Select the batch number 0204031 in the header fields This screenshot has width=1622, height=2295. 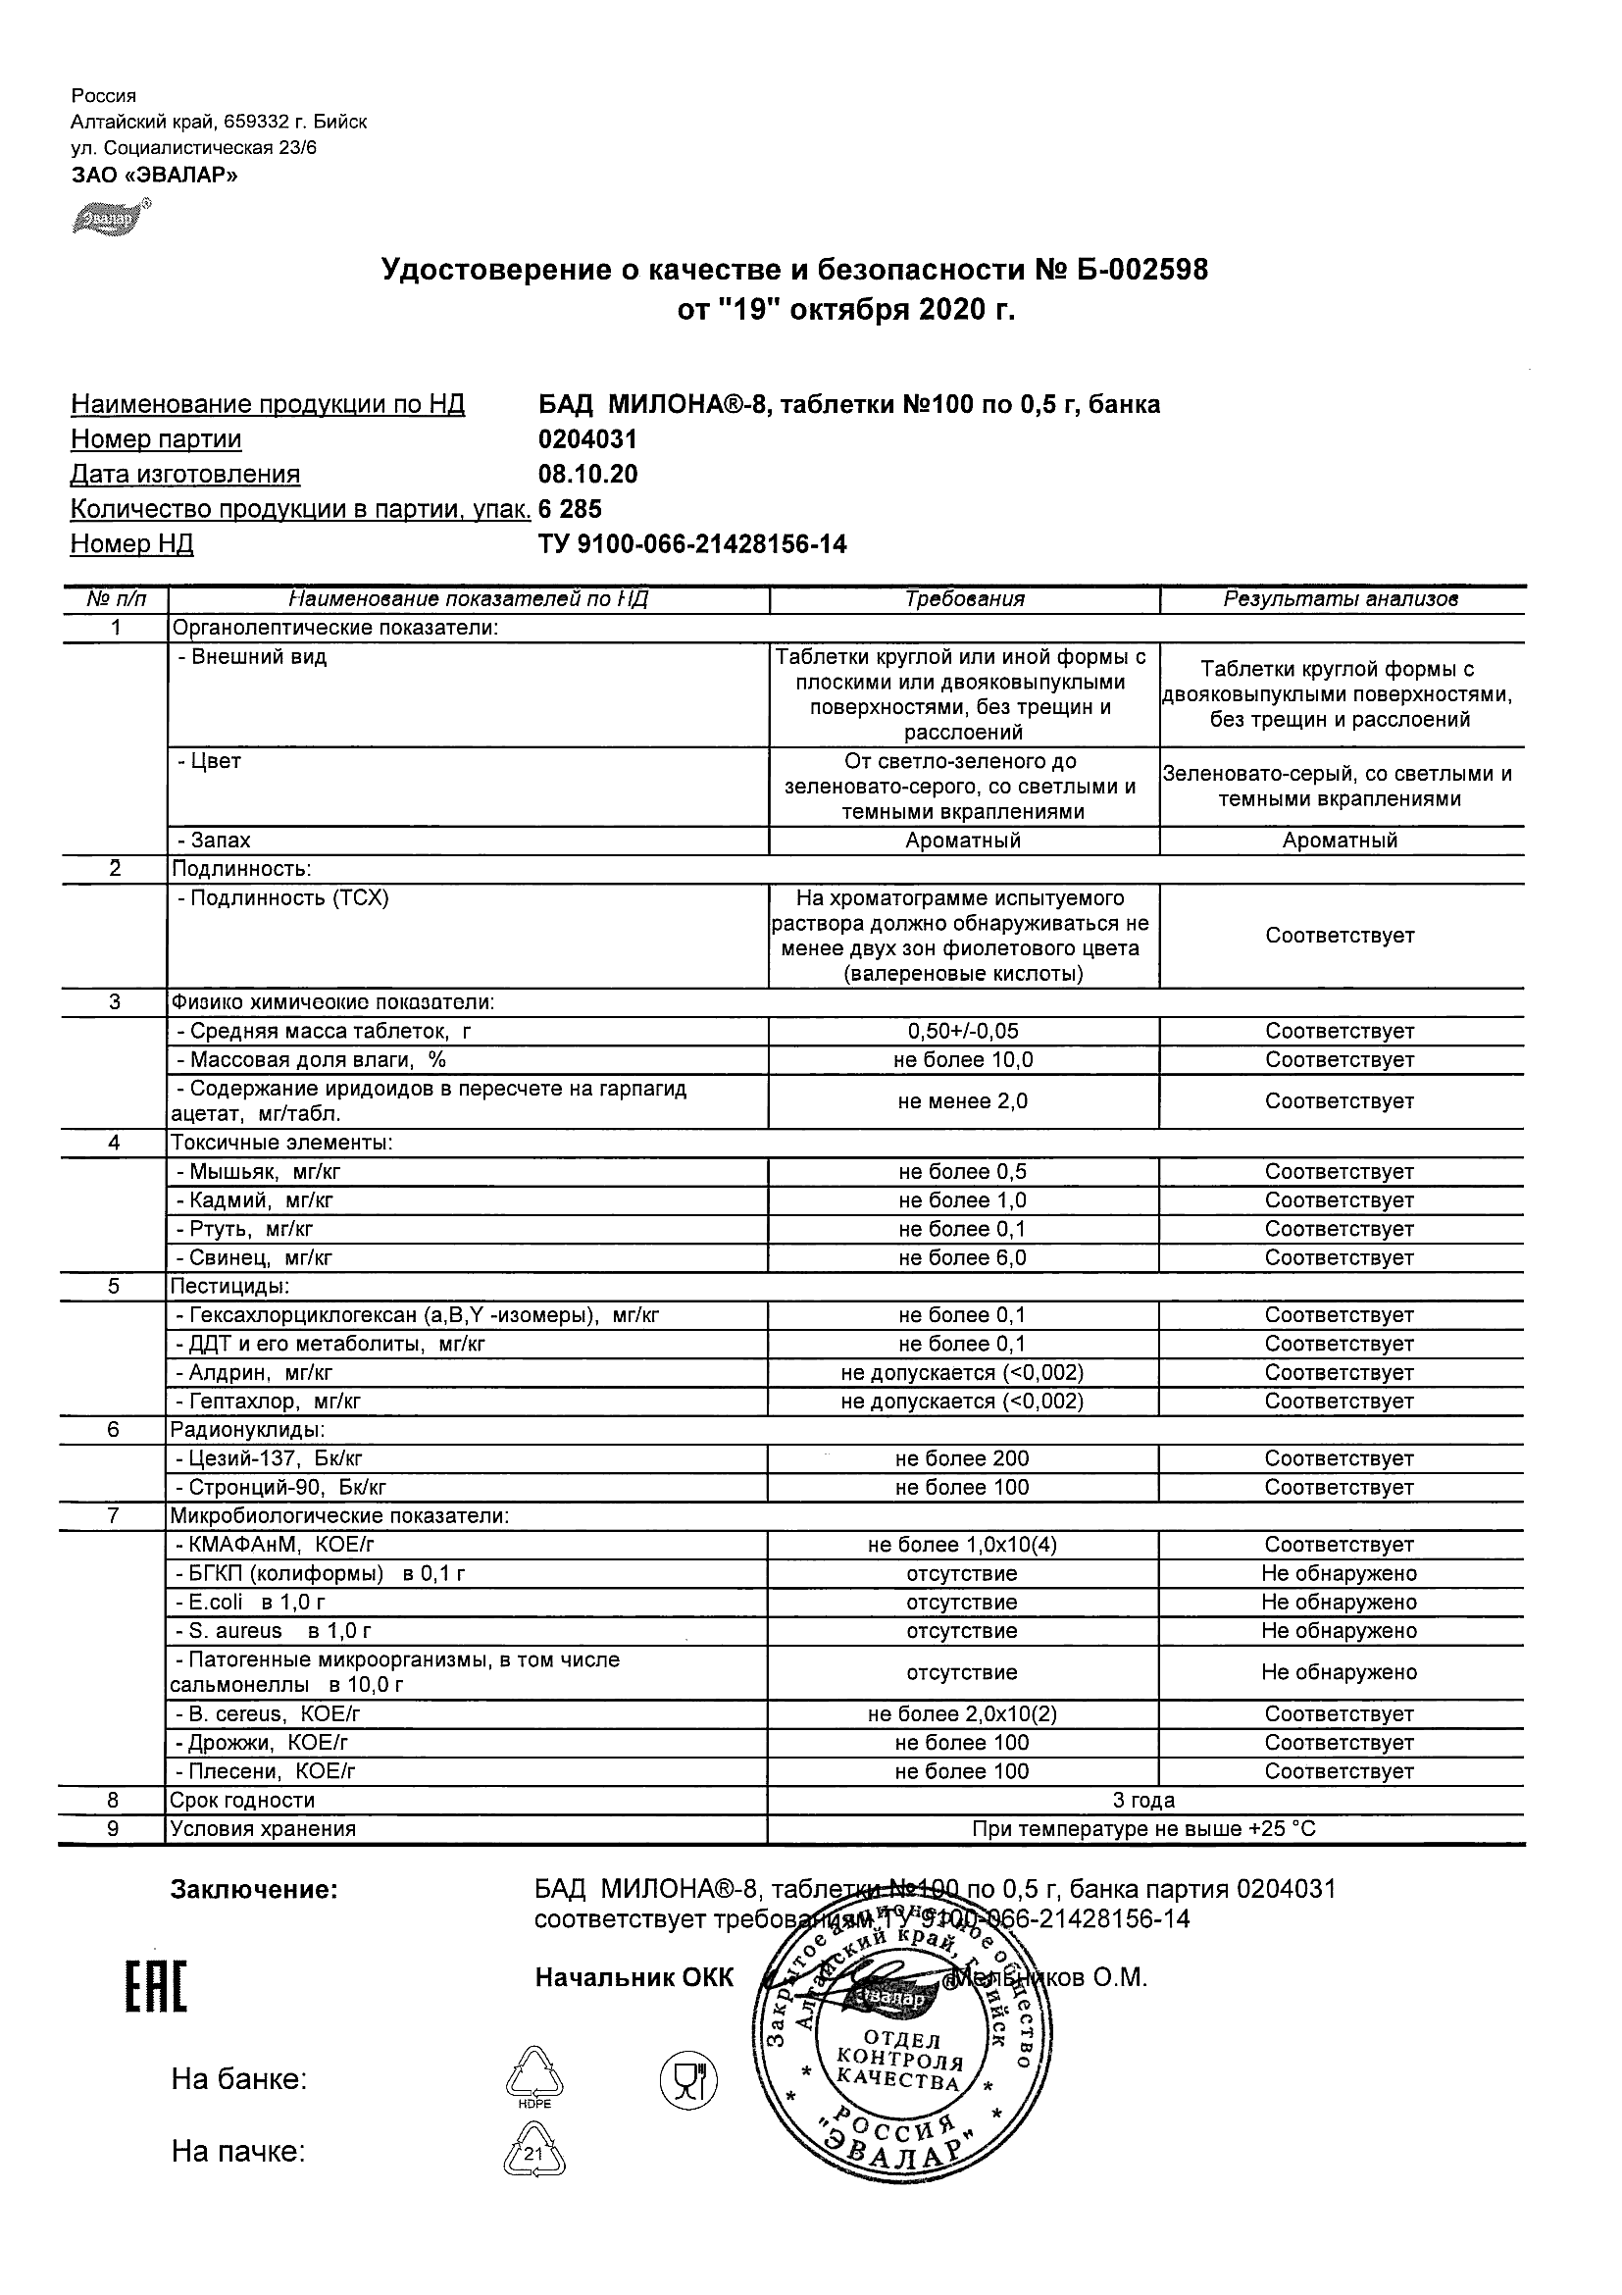(587, 438)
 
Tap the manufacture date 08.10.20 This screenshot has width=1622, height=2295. (587, 474)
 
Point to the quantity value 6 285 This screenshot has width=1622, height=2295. (571, 509)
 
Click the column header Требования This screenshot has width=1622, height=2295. (964, 599)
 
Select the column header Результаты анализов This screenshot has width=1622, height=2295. (1341, 599)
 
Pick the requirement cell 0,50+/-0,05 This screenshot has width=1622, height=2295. (961, 1031)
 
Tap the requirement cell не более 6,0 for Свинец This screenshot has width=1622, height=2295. (961, 1257)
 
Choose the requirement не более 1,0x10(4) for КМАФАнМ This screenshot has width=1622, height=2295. (961, 1545)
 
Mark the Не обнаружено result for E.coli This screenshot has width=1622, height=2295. (1340, 1603)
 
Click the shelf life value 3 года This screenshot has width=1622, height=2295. (1143, 1801)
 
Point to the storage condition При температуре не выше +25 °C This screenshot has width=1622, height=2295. (1143, 1829)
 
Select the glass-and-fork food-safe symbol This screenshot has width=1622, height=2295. (688, 2080)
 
